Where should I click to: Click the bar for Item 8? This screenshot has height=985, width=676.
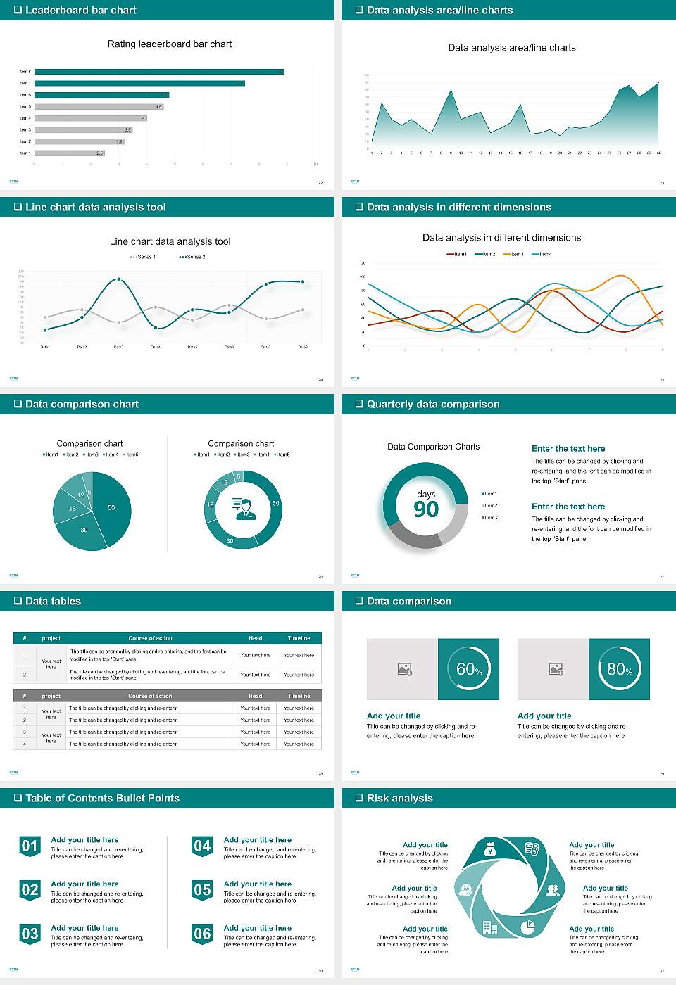(x=159, y=72)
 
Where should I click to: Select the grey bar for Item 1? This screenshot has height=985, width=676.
(x=69, y=153)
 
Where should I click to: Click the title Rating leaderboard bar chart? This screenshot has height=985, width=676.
(x=170, y=44)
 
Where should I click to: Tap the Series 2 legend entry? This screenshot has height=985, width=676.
(x=193, y=257)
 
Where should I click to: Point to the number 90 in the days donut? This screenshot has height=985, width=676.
(x=426, y=509)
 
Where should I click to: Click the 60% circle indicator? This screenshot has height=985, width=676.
(x=469, y=669)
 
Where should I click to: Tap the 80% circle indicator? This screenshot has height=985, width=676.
(x=620, y=669)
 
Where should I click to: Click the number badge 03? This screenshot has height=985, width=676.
(x=30, y=934)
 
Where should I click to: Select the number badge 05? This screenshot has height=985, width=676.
(x=202, y=889)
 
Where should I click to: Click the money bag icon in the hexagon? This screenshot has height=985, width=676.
(x=490, y=851)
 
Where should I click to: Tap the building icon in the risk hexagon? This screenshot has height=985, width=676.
(x=490, y=927)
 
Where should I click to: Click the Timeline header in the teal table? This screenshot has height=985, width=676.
(x=299, y=638)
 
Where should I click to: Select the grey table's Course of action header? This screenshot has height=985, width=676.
(x=150, y=696)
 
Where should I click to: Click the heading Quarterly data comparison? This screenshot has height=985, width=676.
(x=433, y=404)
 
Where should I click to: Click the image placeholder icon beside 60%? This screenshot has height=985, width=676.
(x=405, y=669)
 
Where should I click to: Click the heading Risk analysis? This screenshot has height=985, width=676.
(x=399, y=798)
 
